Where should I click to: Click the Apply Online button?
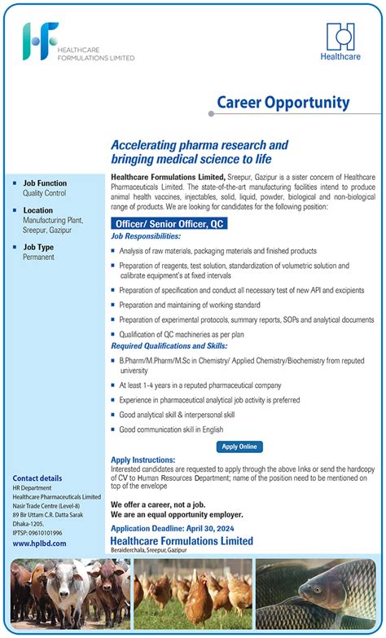(239, 447)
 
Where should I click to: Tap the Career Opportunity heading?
(283, 103)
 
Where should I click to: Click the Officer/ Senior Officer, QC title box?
(169, 222)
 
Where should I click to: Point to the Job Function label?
(45, 183)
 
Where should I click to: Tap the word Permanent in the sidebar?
(38, 257)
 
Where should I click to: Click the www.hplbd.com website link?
(40, 543)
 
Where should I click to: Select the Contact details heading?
(37, 478)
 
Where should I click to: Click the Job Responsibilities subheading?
(154, 235)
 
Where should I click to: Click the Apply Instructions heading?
(143, 460)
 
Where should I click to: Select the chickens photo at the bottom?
(192, 594)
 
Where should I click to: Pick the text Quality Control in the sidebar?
(45, 194)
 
